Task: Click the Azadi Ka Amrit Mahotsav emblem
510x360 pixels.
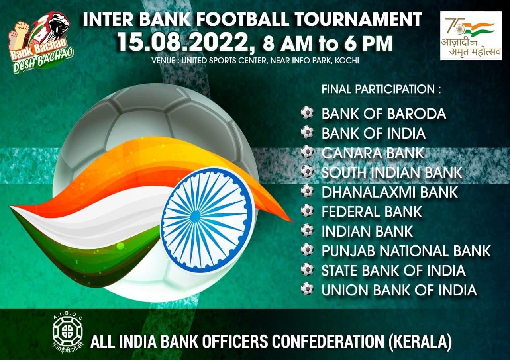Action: pos(471,36)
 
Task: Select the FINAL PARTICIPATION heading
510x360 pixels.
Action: pos(381,89)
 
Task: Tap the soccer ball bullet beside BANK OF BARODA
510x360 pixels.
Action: pos(307,112)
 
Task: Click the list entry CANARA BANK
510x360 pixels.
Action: pos(373,153)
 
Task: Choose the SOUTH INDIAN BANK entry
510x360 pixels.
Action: pos(392,172)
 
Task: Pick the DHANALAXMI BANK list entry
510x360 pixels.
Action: pos(390,192)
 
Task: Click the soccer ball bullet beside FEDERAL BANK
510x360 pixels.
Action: pos(307,211)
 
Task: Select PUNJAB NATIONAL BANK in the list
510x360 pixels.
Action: pos(406,251)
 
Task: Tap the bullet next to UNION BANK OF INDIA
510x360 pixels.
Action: pos(307,289)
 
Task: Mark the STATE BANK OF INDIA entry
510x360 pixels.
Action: pos(393,270)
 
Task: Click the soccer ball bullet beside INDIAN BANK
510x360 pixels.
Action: pos(307,230)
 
